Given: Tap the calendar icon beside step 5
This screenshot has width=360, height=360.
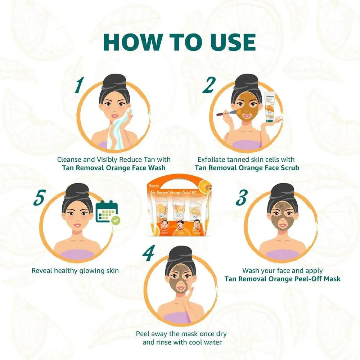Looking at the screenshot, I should click(106, 212).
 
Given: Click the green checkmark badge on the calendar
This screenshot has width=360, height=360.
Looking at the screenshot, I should click(116, 220).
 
